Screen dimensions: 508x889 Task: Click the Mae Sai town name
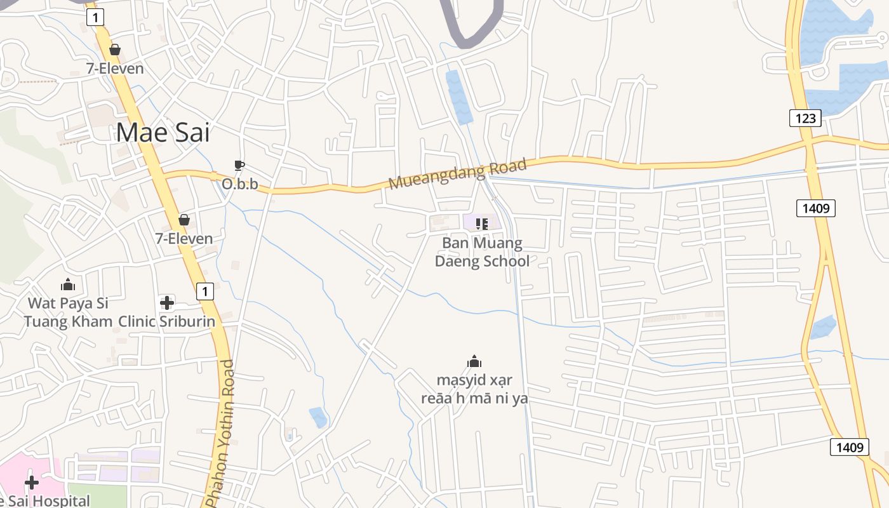[x=163, y=133]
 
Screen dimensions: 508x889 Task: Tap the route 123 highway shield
[x=805, y=117]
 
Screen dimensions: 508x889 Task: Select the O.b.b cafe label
[x=240, y=184]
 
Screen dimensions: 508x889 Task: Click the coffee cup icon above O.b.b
[x=239, y=166]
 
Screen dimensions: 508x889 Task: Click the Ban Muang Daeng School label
[x=482, y=252]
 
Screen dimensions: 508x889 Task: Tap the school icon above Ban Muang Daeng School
[x=482, y=224]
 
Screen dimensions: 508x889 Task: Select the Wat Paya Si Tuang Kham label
[x=68, y=312]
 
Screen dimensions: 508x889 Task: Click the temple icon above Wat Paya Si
[x=67, y=284]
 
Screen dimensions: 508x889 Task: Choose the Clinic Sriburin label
[x=167, y=321]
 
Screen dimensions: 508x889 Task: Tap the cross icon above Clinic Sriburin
[x=167, y=303]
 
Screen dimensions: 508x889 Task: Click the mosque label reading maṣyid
[x=474, y=389]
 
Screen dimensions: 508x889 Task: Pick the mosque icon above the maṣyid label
[x=474, y=362]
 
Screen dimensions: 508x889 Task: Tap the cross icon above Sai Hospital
[x=31, y=483]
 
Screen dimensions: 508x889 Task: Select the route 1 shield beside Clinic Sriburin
[x=204, y=291]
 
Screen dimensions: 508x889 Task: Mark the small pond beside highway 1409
[x=824, y=327]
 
